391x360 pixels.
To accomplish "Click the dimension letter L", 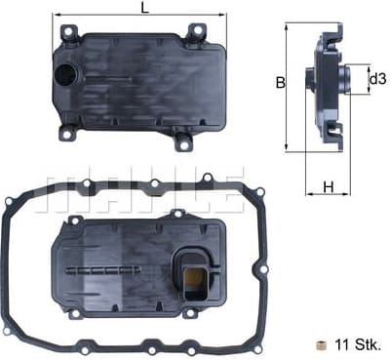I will point(144,8).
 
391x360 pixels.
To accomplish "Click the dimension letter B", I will point(280,84).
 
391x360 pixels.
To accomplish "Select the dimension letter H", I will point(329,186).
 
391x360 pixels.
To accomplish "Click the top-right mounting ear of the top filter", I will point(196,33).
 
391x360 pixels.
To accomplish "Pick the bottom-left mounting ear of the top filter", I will point(68,132).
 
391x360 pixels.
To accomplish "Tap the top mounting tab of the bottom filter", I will point(176,214).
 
